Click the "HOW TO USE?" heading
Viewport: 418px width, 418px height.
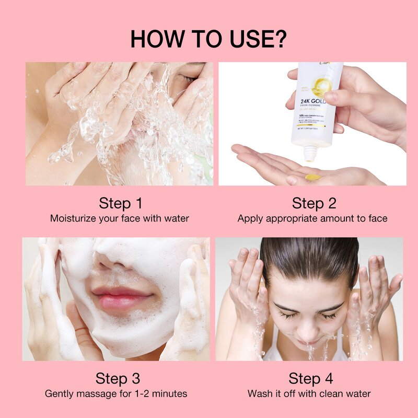coord(208,39)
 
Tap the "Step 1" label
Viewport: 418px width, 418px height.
coord(120,203)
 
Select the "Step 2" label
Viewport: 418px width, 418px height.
coord(314,203)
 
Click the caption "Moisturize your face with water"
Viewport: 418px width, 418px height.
coord(120,218)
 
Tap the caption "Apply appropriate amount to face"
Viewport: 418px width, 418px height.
coord(312,218)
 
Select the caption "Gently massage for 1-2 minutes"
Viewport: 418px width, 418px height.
coord(116,393)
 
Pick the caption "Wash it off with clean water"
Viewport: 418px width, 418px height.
coord(309,393)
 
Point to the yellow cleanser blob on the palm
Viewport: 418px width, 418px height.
coord(312,177)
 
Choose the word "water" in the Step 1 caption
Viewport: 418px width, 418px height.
coord(175,218)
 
